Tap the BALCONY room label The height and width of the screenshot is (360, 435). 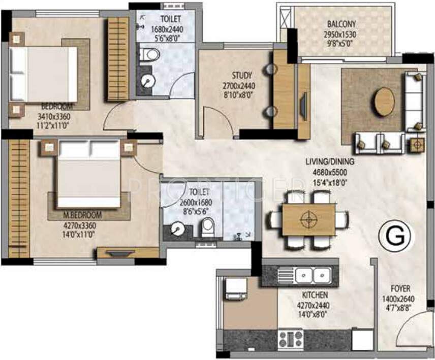coord(341,24)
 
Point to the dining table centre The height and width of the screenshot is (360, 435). coord(308,219)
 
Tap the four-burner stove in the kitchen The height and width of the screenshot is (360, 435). coord(290,339)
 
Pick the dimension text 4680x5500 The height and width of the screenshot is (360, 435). coord(330,171)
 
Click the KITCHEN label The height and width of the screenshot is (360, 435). coord(315,295)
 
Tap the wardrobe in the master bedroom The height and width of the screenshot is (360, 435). coord(19,198)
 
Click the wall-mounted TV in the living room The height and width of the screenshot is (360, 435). coord(303,107)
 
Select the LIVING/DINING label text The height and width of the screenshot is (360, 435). coord(330,162)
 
